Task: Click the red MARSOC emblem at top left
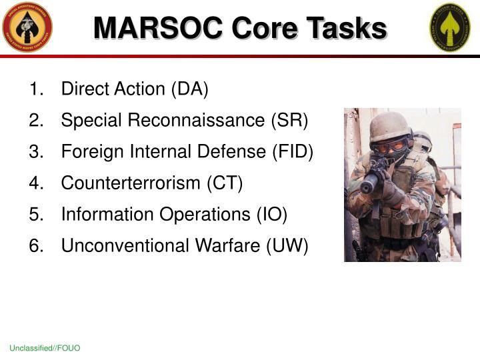tap(27, 27)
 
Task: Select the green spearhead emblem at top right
tap(449, 27)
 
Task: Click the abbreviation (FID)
tap(292, 152)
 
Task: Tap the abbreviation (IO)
tap(272, 215)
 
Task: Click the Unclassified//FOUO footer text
tap(45, 349)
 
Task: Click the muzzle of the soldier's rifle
tap(367, 188)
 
